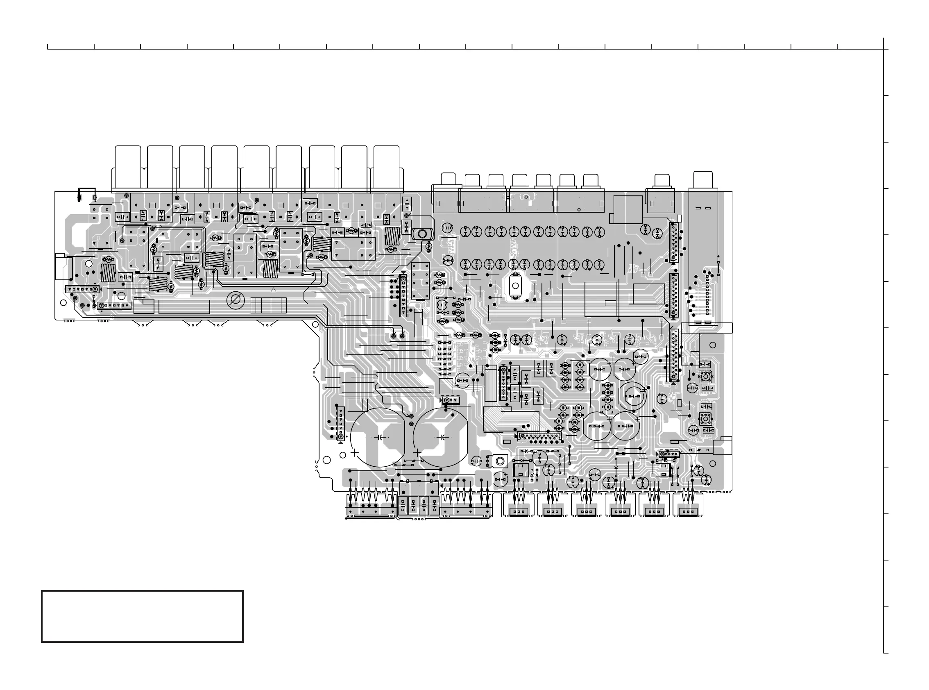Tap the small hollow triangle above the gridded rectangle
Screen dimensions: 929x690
coord(274,290)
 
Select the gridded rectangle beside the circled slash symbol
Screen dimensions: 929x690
coord(268,305)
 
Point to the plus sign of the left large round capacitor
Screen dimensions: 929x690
coord(355,452)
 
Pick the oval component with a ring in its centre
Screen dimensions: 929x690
coord(423,234)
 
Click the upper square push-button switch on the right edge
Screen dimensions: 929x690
coord(705,376)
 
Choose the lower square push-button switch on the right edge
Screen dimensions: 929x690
coord(705,418)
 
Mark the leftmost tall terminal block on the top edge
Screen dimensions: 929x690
coord(128,167)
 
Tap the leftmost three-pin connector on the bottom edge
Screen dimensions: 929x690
coord(518,511)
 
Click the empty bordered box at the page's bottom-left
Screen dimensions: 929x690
coord(142,616)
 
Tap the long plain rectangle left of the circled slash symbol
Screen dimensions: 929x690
coord(184,306)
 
